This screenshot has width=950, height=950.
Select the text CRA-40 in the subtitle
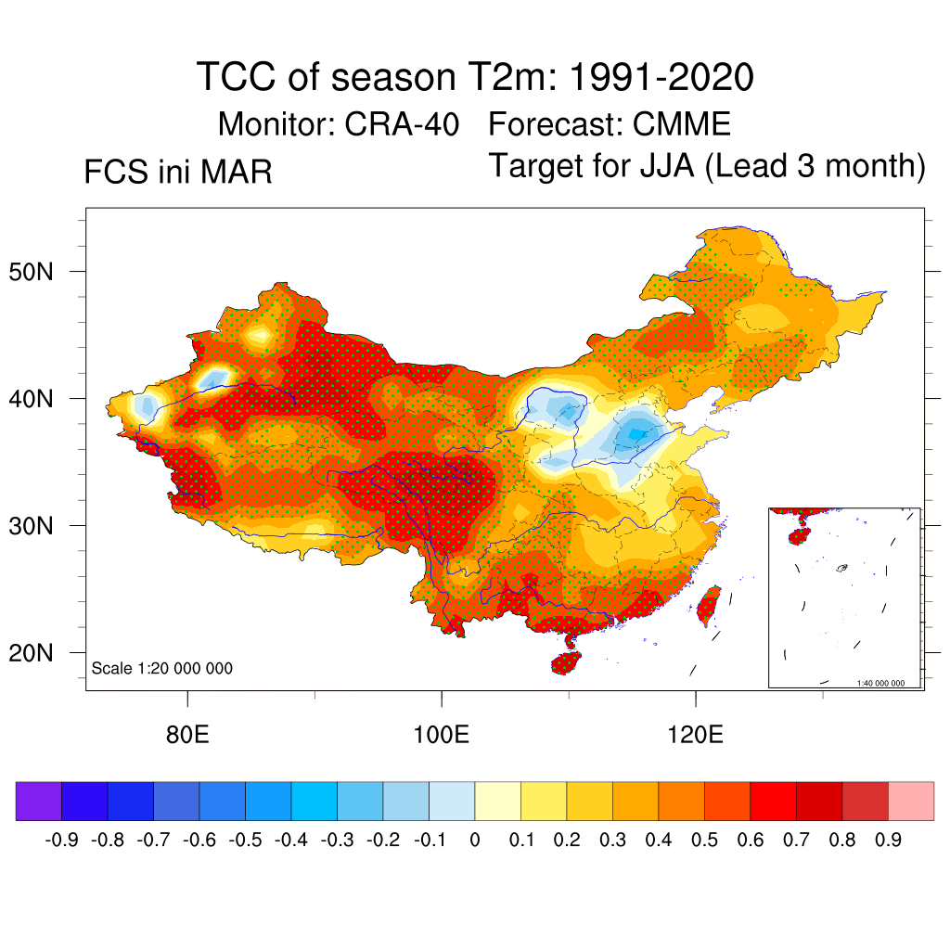(402, 123)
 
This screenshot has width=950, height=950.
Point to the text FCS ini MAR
(178, 173)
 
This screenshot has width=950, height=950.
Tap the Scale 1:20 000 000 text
(162, 668)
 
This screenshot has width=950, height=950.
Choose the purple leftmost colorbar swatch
(38, 801)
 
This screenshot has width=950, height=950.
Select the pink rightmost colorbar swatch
(911, 801)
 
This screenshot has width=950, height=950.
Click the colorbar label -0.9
(61, 841)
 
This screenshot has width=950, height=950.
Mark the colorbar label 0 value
(475, 841)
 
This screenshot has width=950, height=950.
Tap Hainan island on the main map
(565, 662)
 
